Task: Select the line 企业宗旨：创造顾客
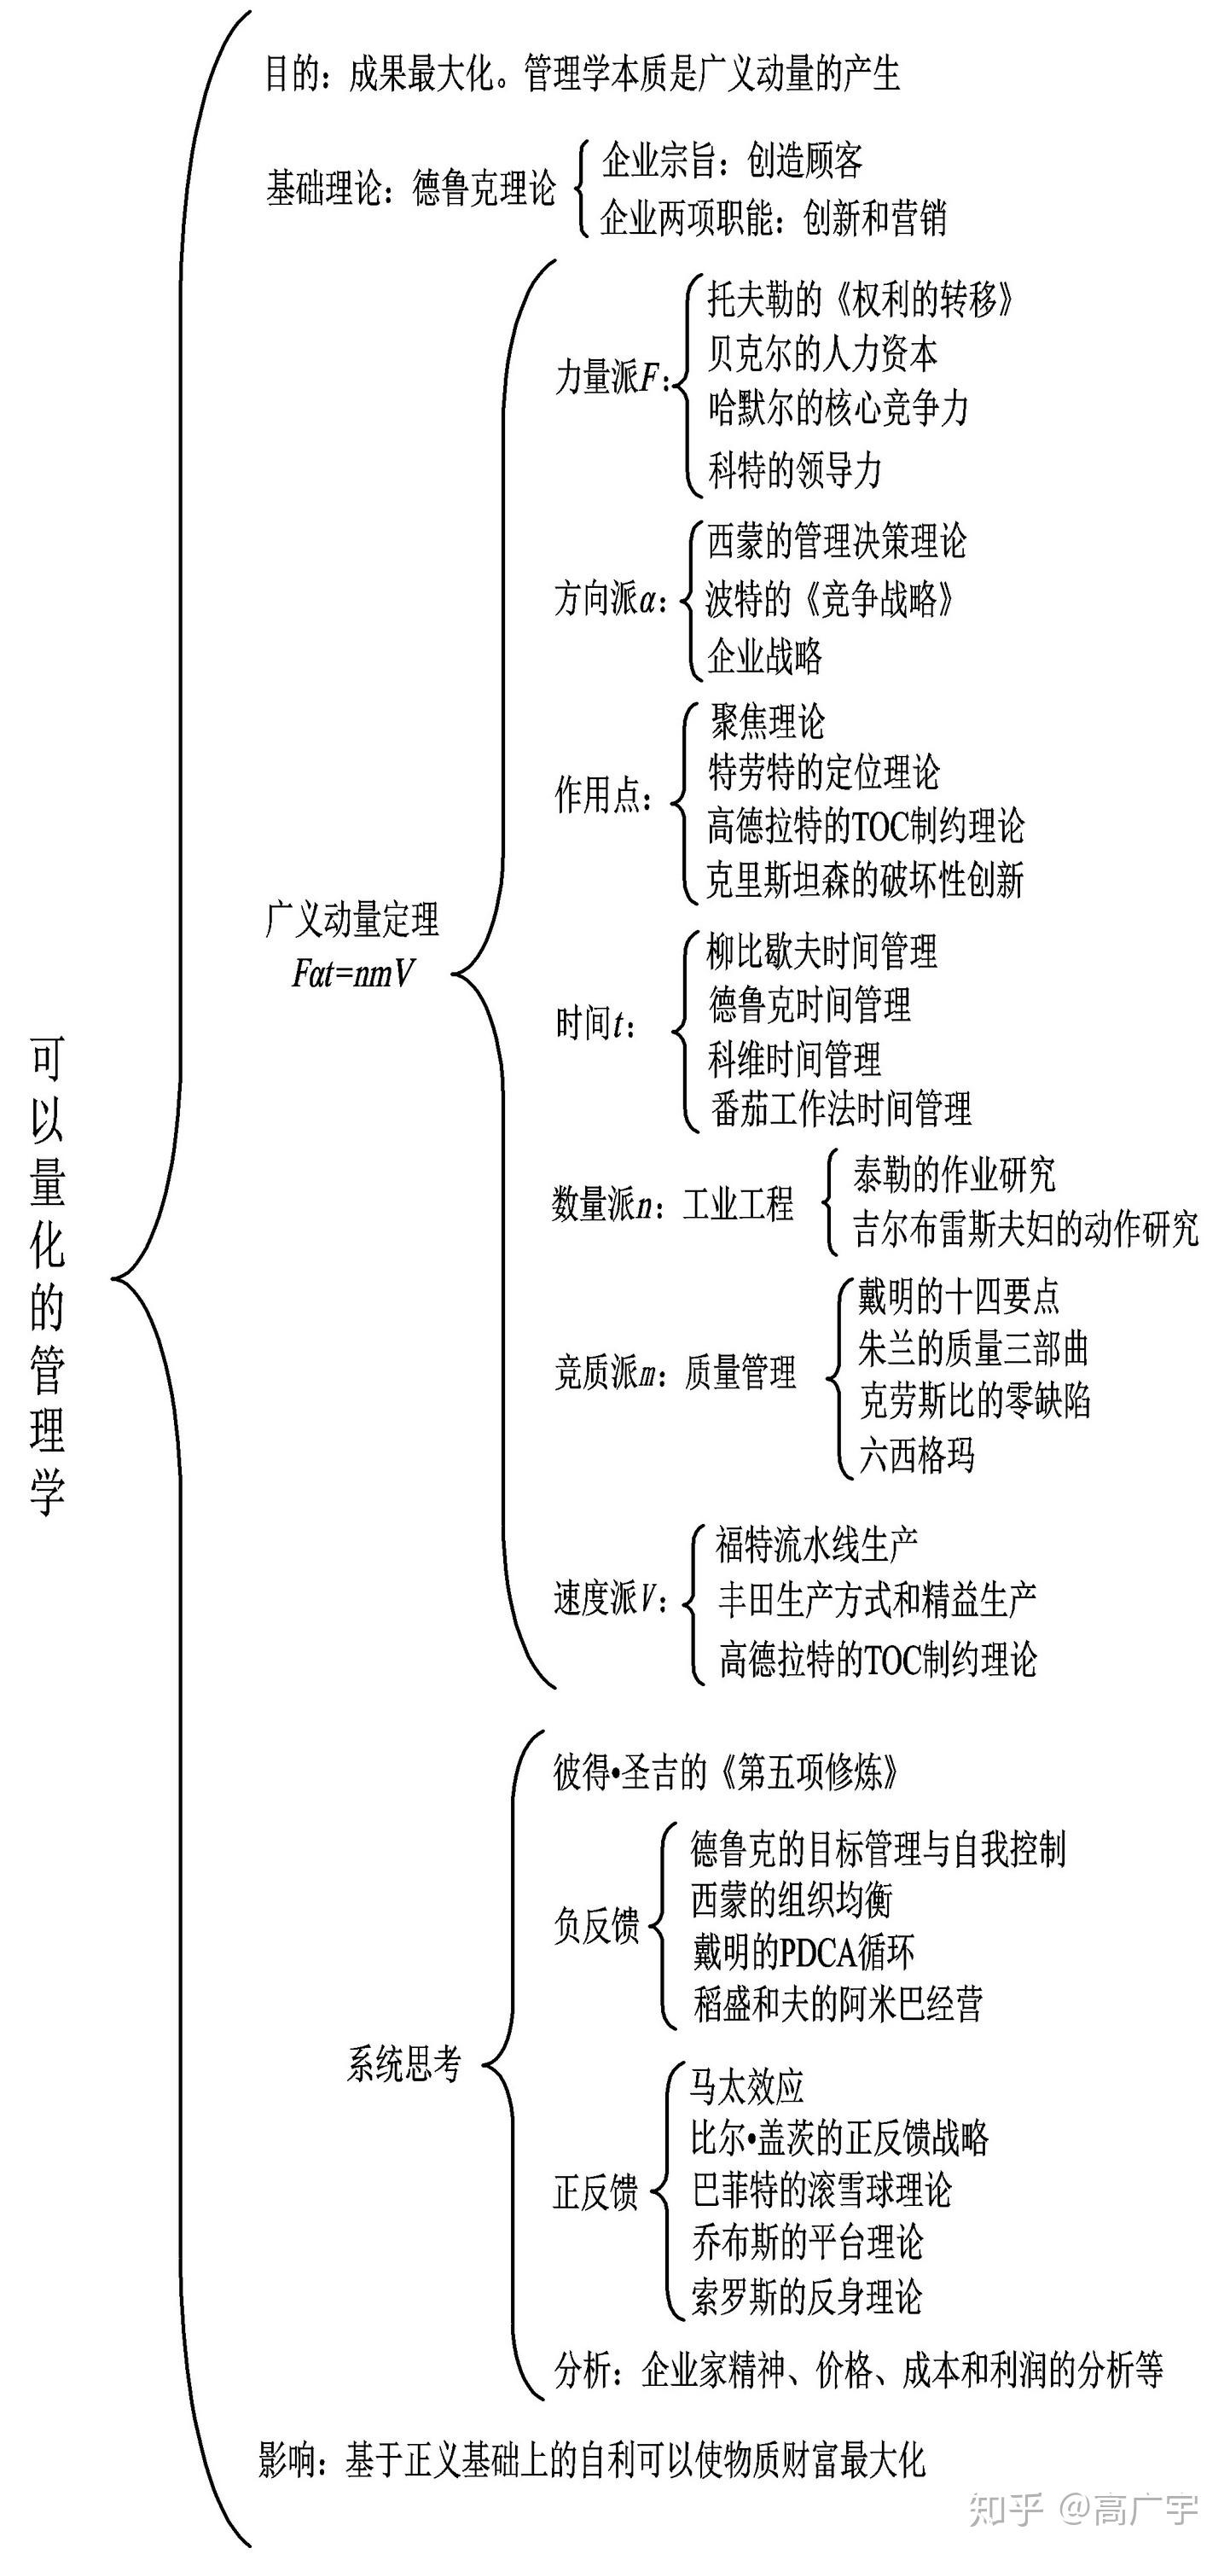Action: click(x=732, y=160)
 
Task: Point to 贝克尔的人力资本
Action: click(x=822, y=352)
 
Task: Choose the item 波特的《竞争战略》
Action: click(x=830, y=598)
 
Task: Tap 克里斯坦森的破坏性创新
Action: click(x=864, y=880)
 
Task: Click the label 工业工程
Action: click(x=738, y=1204)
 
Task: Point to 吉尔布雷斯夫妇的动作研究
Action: click(x=1026, y=1230)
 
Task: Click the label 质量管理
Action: click(x=740, y=1372)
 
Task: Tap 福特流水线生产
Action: click(x=816, y=1545)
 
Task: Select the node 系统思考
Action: click(x=403, y=2064)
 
